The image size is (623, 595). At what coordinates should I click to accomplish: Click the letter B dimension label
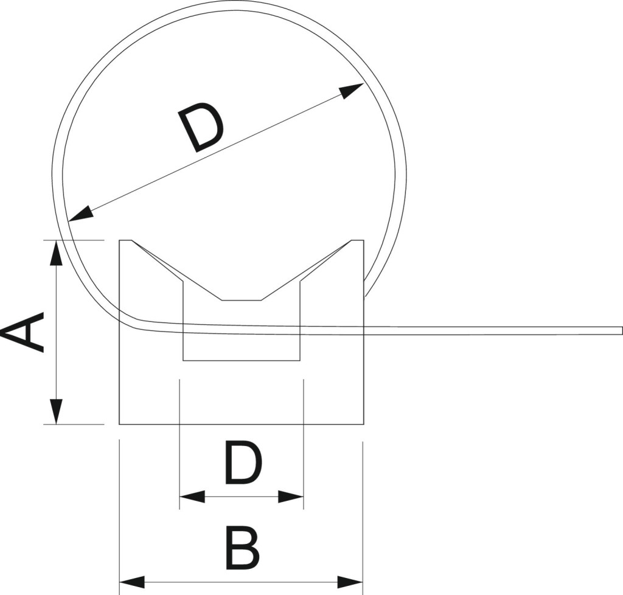242,549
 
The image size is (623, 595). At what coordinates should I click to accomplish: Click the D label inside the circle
201,127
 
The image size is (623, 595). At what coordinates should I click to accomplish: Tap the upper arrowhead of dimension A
57,252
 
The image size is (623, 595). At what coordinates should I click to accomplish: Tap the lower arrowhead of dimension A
57,412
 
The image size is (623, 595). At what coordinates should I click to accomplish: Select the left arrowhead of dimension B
132,582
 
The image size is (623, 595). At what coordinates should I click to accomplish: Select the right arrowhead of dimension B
350,582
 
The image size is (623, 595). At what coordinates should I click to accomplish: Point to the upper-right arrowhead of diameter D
352,90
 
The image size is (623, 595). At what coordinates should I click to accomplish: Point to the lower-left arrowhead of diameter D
81,215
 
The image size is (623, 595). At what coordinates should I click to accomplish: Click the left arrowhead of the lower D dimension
192,496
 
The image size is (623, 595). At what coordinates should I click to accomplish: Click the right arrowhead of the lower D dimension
291,496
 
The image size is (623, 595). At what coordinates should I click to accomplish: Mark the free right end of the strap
621,330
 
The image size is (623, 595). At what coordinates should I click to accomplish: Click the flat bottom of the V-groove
241,301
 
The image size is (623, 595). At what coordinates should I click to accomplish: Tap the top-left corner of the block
120,240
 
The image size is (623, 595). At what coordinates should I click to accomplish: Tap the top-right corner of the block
364,240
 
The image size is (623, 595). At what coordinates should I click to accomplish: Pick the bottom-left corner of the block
120,424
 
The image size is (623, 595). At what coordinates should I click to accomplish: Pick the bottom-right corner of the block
364,424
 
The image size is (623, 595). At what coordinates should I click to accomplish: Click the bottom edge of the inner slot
241,360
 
